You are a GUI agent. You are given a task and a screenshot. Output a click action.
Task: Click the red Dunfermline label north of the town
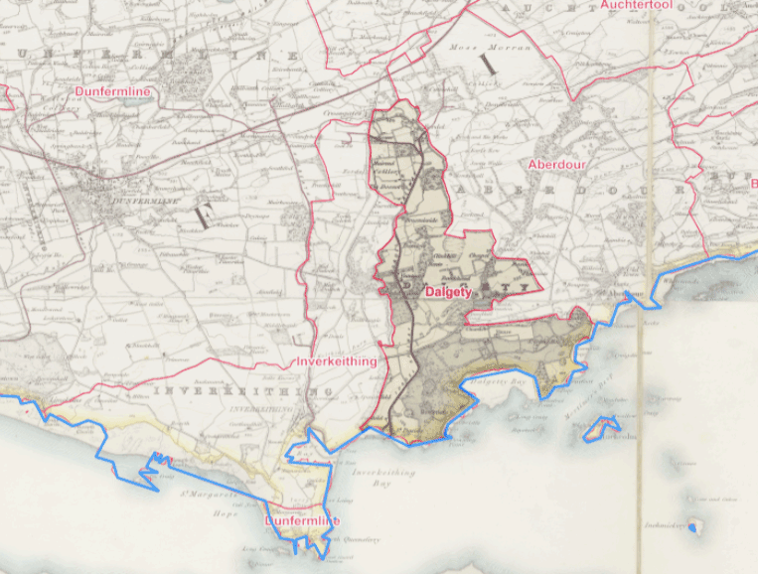pos(113,92)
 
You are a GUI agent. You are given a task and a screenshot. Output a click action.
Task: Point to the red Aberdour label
pos(557,165)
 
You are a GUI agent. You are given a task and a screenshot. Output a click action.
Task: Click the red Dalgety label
pos(447,293)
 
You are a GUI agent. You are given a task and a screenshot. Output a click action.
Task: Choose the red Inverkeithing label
pos(337,362)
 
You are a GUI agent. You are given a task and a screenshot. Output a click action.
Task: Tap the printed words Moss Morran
pos(504,47)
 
